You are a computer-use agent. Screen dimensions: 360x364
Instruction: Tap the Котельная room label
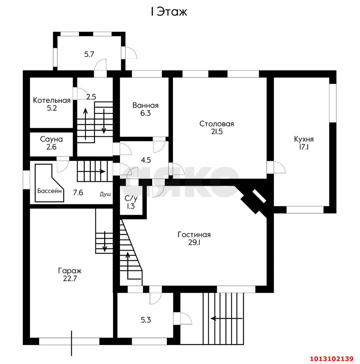pos(52,100)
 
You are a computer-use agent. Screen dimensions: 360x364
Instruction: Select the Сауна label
pos(51,139)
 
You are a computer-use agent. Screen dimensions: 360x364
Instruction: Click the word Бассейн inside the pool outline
pos(49,191)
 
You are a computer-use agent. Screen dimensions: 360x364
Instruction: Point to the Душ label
pos(105,194)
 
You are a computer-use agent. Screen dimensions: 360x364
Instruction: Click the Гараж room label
pos(70,271)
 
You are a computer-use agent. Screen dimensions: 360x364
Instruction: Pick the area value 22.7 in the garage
pos(70,279)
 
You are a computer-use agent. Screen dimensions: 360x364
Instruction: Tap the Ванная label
pos(145,105)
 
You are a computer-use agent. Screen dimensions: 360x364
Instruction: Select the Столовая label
pos(217,124)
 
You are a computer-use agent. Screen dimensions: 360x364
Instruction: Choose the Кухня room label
pos(304,139)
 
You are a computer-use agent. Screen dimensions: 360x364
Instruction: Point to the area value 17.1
pos(304,147)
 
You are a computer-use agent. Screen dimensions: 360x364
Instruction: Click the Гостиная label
pos(194,235)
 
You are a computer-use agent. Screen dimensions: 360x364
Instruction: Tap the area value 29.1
pos(194,243)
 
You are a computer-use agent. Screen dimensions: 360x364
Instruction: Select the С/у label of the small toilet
pos(131,198)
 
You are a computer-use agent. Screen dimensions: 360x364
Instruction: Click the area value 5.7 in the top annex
pos(89,54)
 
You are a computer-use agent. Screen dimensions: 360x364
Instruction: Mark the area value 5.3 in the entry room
pos(146,320)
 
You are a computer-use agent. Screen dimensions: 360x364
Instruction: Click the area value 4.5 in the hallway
pos(146,160)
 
